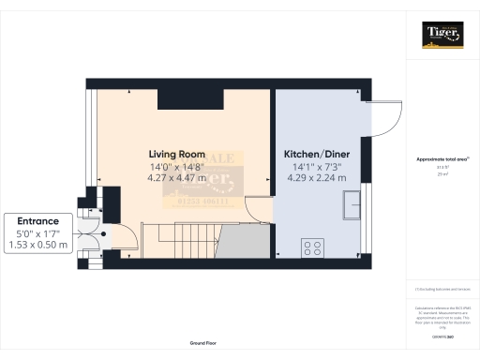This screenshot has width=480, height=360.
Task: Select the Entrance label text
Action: coord(36,221)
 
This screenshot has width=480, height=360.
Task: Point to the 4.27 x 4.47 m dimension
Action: coord(176,177)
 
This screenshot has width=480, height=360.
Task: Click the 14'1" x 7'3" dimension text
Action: coord(319,166)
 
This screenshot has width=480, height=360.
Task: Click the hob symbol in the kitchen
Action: coord(312,247)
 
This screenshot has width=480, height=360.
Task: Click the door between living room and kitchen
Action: coord(256,212)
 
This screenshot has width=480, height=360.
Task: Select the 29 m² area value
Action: coord(441,174)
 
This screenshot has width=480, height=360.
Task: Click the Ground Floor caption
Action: coord(202,344)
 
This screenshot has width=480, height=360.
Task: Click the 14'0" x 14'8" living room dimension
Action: coord(176,166)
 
